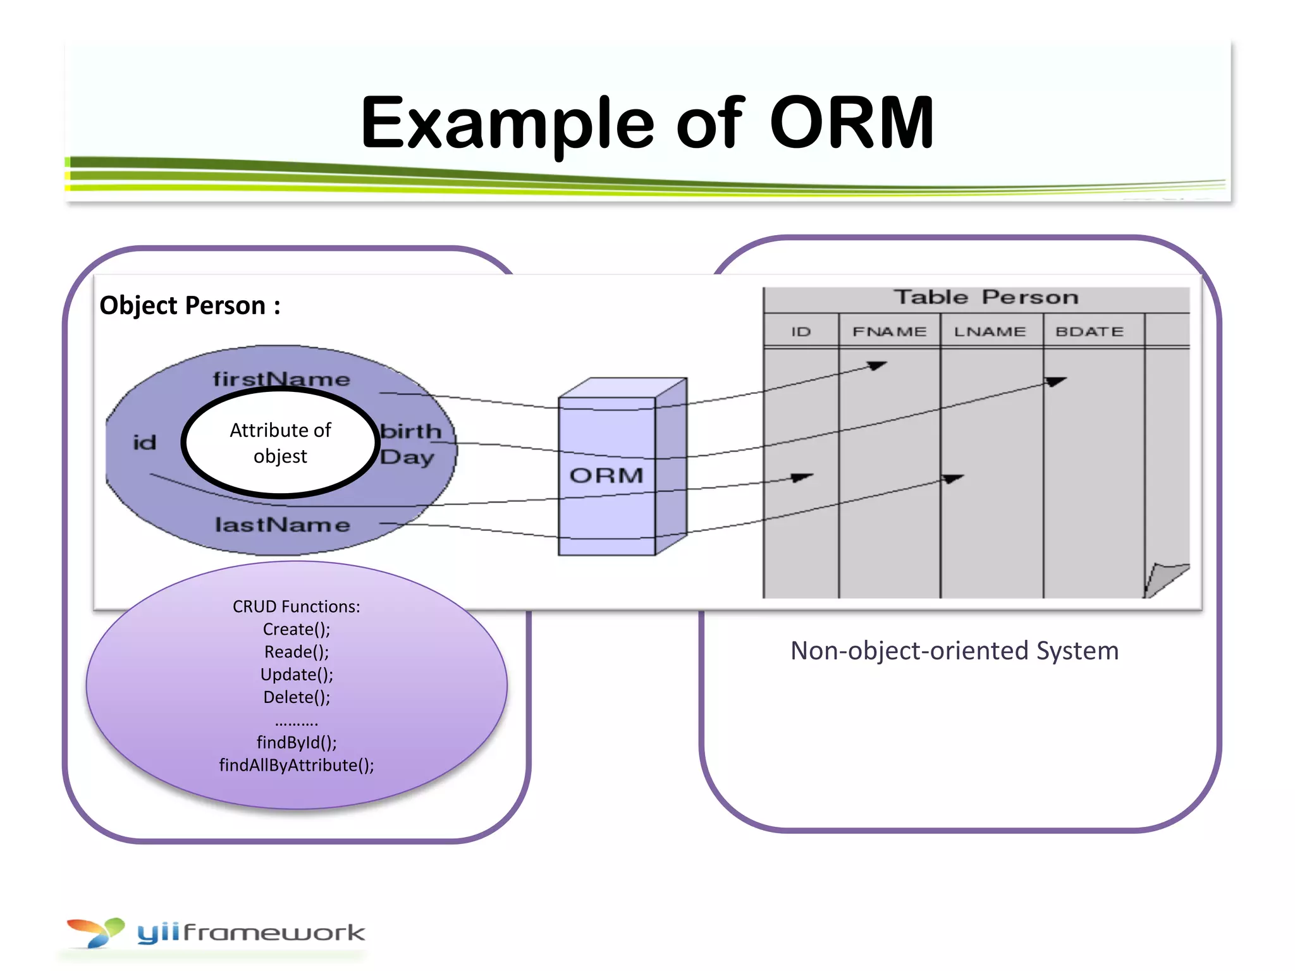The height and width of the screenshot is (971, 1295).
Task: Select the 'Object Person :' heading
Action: pos(190,305)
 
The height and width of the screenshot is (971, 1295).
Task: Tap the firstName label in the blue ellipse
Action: pos(281,379)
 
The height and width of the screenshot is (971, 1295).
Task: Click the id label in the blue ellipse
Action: pos(145,443)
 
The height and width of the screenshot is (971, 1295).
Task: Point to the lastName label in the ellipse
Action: pos(282,525)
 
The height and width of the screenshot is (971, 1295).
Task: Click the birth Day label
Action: pos(410,444)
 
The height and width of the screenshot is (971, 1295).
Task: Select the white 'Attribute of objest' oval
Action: pos(280,443)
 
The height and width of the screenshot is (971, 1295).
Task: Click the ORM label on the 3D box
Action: pos(606,475)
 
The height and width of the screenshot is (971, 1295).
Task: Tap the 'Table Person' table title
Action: pos(985,297)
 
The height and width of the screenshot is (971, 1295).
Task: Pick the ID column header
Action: pos(801,332)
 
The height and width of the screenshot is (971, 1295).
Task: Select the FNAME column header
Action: pos(889,332)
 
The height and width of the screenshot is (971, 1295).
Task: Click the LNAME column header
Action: pos(990,332)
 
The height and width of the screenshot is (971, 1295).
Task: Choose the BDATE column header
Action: pos(1089,332)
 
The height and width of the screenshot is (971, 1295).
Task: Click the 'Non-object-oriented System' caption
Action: pos(954,650)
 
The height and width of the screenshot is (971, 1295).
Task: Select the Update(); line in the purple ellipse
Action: pos(297,675)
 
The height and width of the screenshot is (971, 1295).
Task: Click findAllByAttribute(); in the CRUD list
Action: pos(297,766)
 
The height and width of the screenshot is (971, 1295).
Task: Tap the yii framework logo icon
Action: pos(96,932)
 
